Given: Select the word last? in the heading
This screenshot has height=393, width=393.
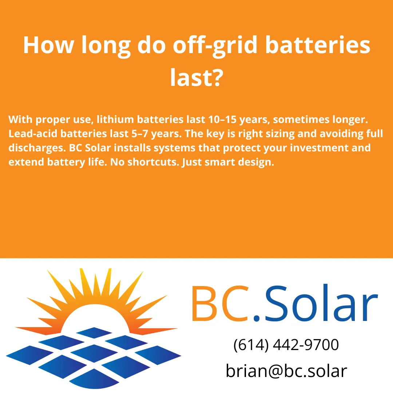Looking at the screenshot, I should click(196, 78).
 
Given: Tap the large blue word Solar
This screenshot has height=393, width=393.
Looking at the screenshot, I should click(320, 304).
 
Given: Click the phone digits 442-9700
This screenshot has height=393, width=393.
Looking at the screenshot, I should click(306, 345).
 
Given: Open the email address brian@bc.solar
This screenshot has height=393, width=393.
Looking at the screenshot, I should click(286, 371).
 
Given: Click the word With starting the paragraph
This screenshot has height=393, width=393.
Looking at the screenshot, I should click(20, 119).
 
